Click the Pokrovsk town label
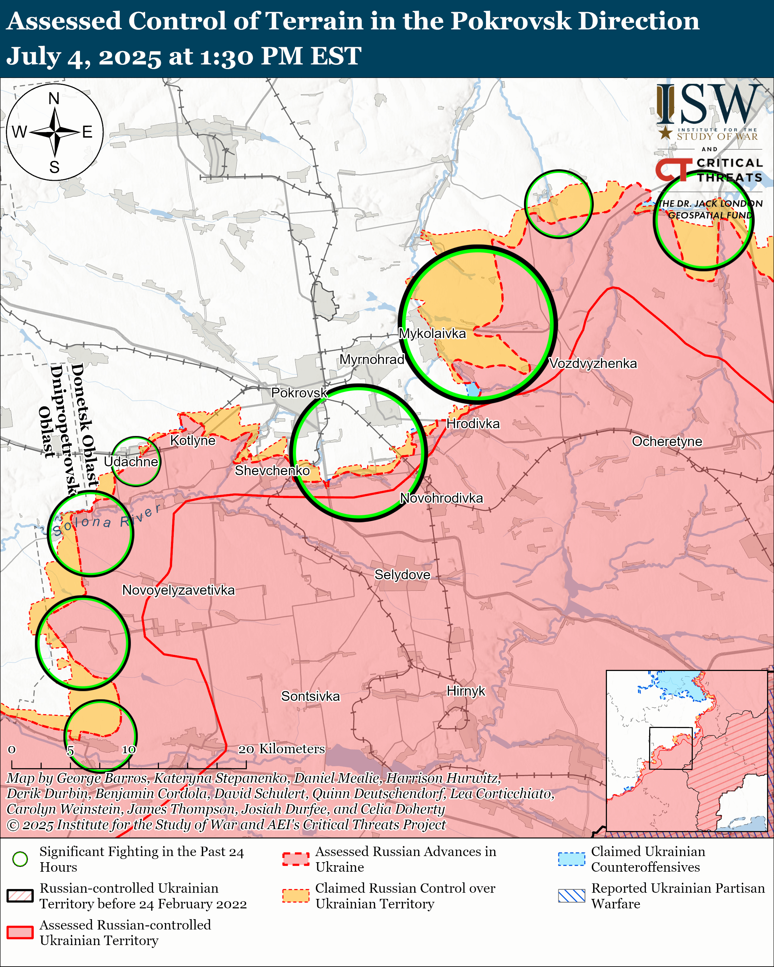[299, 393]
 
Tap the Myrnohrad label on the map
[372, 360]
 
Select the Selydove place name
[402, 575]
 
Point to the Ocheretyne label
[667, 441]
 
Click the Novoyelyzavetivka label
[178, 590]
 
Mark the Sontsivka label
[311, 696]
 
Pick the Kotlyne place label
[192, 440]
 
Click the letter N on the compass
[54, 98]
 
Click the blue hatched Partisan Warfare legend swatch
[571, 896]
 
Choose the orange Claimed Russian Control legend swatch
[296, 896]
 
